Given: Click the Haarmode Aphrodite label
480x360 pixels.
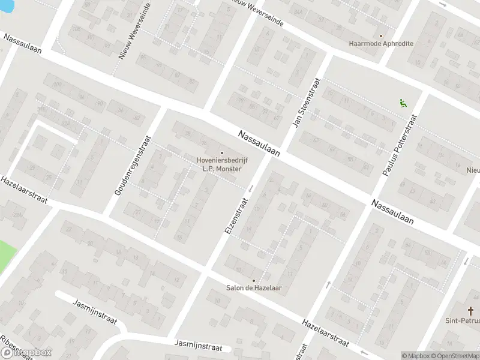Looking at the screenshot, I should pos(381,44).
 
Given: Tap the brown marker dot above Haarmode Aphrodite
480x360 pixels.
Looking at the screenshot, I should pos(380,35).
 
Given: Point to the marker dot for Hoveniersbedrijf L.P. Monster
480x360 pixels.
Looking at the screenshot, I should pos(222,152).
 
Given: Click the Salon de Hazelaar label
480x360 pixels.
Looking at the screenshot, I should pos(253,288).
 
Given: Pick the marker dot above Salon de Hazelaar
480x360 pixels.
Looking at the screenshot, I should pos(253,280).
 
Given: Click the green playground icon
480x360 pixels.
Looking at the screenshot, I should pos(403,103).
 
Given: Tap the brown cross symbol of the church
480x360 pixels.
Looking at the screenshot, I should pos(470,311).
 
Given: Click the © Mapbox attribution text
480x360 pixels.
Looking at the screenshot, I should pos(415,355).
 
